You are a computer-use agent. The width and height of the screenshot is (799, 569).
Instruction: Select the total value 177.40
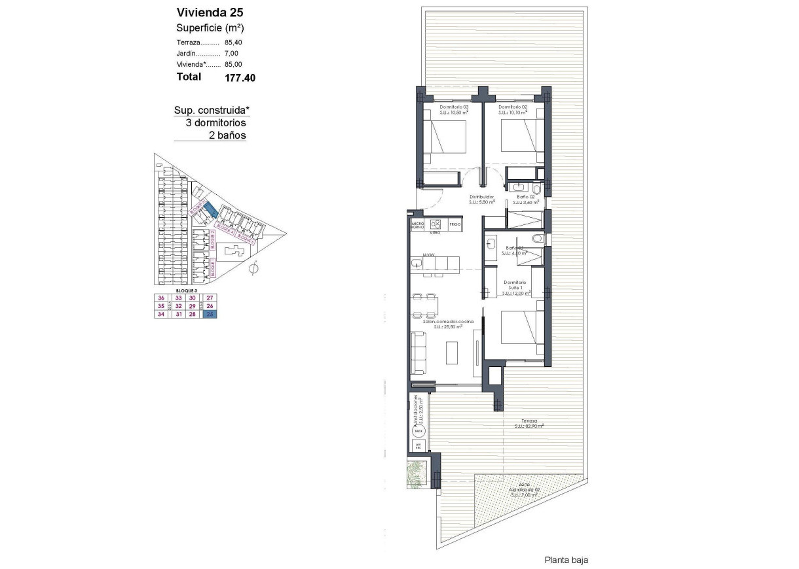tap(240, 77)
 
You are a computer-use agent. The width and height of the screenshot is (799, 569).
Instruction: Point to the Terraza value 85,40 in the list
tap(233, 43)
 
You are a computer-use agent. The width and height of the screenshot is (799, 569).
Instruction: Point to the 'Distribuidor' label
tap(481, 196)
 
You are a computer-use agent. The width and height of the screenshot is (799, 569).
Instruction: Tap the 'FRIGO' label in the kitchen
tap(456, 224)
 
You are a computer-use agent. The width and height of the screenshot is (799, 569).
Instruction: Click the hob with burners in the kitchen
tap(436, 224)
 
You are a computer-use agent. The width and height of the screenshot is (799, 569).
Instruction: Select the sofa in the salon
tap(419, 354)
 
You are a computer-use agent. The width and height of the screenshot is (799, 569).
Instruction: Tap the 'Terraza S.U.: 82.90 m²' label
tap(530, 423)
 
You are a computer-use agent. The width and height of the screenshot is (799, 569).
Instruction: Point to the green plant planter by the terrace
tap(417, 471)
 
